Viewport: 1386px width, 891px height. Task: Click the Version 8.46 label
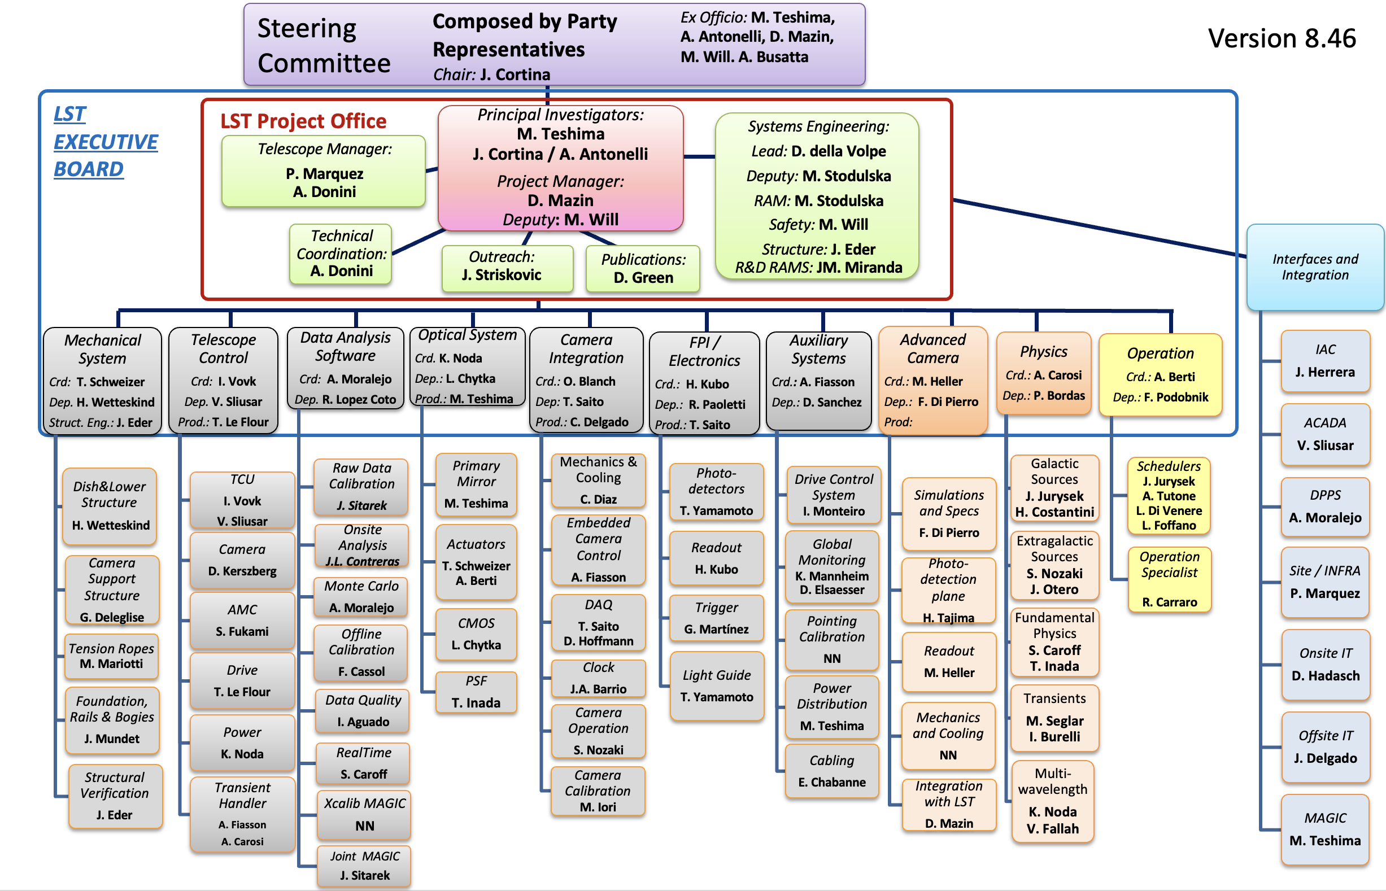1282,39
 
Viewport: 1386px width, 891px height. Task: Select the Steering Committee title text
324,45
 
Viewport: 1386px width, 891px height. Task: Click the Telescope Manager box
324,171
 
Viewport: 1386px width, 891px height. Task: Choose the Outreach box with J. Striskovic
507,268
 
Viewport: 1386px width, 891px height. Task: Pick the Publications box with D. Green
642,268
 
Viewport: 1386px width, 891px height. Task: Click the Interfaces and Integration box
1314,267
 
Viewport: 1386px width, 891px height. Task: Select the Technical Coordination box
341,254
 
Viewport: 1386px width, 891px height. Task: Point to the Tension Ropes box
111,656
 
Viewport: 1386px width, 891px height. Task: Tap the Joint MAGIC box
364,866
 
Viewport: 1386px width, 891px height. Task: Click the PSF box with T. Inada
476,692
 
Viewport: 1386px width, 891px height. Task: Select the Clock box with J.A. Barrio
598,678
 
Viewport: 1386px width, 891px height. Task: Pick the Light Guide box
716,685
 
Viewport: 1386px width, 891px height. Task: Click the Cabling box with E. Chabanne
831,771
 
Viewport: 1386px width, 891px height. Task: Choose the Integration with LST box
948,804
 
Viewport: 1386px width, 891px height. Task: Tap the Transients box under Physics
1054,718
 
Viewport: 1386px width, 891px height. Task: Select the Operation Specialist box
1169,579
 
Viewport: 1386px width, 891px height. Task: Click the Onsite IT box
1325,664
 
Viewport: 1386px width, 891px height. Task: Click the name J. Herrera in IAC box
1324,372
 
